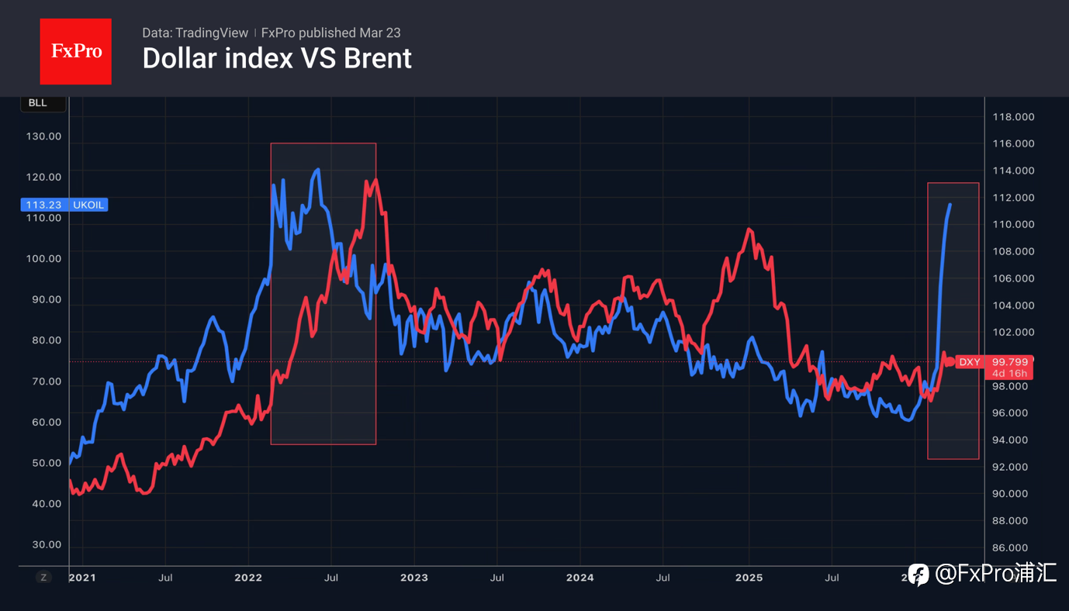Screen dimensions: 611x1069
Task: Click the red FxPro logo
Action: click(75, 51)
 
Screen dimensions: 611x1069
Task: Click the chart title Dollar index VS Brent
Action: click(277, 58)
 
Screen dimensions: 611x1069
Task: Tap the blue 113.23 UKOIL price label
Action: click(64, 205)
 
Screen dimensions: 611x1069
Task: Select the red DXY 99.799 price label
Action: click(993, 362)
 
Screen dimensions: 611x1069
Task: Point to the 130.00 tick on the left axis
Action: click(43, 136)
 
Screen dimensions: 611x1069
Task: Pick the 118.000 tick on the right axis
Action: click(1013, 117)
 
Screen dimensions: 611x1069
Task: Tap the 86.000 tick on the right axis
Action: click(1013, 547)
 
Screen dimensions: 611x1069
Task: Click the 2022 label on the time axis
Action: click(248, 578)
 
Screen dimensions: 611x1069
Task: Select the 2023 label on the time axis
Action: click(413, 578)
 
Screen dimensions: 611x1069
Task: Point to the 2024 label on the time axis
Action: click(579, 578)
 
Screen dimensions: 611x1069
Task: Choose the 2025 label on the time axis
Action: click(749, 578)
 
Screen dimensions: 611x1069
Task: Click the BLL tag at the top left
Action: click(37, 103)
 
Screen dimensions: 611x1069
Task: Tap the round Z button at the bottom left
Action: click(43, 577)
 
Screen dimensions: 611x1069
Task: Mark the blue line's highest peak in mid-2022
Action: click(318, 170)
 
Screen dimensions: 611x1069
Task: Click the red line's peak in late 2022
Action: click(376, 180)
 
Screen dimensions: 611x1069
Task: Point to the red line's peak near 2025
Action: click(749, 229)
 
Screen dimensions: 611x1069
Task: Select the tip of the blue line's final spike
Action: click(950, 205)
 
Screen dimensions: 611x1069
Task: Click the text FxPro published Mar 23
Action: click(330, 33)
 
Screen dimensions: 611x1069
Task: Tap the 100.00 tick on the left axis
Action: click(43, 259)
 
